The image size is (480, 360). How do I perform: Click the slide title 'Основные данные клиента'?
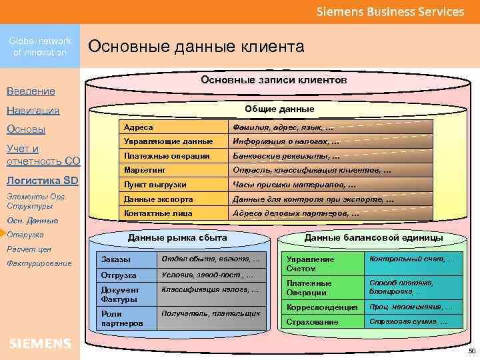[196, 46]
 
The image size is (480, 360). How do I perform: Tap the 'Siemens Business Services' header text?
[390, 12]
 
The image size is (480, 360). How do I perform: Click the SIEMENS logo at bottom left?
[40, 343]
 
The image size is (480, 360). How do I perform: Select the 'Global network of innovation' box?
[40, 47]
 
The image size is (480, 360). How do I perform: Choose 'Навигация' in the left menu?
[33, 110]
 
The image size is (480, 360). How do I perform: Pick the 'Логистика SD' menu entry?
[42, 181]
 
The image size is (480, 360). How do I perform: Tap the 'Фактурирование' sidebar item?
[39, 263]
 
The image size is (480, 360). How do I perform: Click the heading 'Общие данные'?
[279, 109]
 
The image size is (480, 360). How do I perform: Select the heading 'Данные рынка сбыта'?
[177, 237]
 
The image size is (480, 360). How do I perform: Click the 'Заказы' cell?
[115, 259]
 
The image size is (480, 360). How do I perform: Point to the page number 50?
[472, 351]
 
